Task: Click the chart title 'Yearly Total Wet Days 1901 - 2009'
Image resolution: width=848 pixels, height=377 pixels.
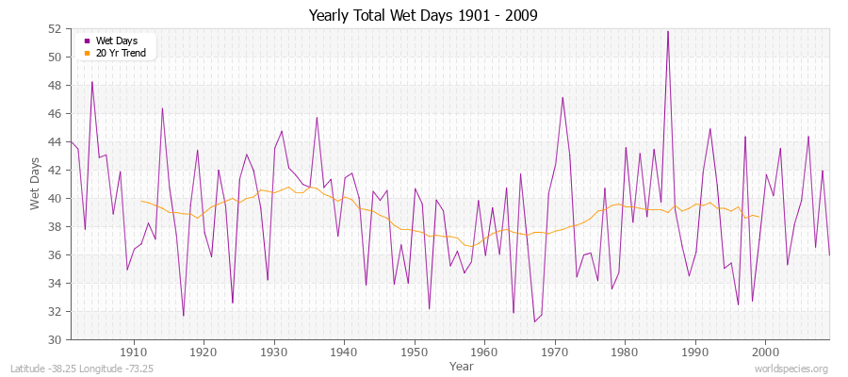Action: coord(423,16)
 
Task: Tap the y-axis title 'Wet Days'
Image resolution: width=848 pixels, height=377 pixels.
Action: coord(35,184)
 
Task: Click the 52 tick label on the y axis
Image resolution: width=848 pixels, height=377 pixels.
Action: coord(55,29)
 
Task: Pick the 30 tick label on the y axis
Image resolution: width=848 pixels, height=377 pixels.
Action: coord(55,339)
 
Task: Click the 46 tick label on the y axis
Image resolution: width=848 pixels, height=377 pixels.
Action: coord(55,114)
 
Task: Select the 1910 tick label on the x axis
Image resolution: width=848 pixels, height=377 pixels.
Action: coord(134,352)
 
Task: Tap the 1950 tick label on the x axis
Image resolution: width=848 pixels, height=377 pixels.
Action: coord(415,352)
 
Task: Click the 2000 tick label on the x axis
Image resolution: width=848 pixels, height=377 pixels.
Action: coord(765,352)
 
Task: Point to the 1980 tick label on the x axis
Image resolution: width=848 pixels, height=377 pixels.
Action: coord(625,352)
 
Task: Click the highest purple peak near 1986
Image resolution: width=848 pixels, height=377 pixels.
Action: coord(668,31)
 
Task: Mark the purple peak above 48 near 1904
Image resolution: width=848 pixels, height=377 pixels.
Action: coord(91,82)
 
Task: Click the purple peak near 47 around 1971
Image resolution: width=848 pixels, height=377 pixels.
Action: coord(563,97)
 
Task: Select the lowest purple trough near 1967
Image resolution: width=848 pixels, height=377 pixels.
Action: coord(534,321)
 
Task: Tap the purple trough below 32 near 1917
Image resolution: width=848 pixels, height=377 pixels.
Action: coord(183,316)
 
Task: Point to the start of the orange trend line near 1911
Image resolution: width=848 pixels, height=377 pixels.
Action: coord(141,201)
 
